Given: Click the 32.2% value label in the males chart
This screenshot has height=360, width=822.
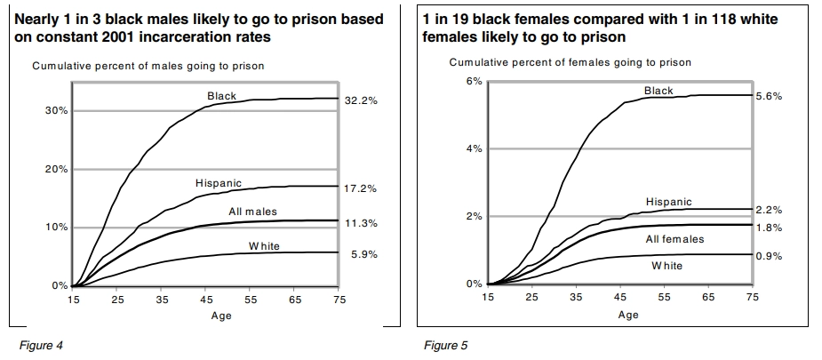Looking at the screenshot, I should click(x=361, y=101).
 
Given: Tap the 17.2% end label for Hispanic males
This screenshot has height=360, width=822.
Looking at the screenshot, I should click(x=361, y=189).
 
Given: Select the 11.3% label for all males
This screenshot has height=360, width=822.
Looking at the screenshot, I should click(x=361, y=223).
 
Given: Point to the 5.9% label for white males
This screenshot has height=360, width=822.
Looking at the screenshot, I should click(x=363, y=254).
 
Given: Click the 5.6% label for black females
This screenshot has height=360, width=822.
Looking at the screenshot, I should click(x=768, y=96).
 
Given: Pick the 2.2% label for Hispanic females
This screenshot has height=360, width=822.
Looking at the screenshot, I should click(x=768, y=210).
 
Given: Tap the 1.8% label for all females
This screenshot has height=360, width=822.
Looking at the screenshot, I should click(x=768, y=228).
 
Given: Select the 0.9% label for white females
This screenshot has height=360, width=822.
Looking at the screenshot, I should click(x=768, y=257).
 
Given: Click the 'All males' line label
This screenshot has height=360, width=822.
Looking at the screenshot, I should click(x=252, y=212).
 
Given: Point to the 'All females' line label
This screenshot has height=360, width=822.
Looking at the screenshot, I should click(x=674, y=239).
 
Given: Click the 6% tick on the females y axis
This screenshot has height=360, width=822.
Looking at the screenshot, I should click(x=474, y=81).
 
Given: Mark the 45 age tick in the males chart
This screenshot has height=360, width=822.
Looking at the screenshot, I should click(x=206, y=300).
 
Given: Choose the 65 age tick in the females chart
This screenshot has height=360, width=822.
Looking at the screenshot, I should click(x=708, y=297).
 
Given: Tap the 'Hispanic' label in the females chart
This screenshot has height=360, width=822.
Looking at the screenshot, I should click(x=668, y=203).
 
